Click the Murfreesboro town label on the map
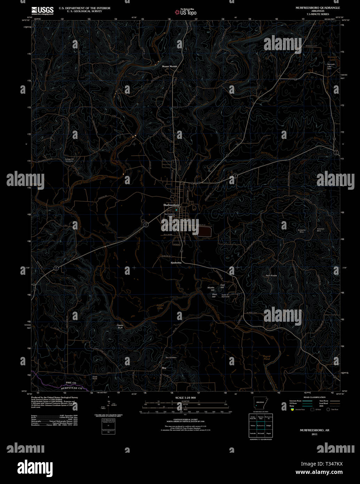point(171,205)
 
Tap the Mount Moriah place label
point(170,66)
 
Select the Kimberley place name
point(176,263)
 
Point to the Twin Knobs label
point(271,275)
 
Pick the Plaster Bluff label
point(120,327)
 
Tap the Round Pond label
point(267,358)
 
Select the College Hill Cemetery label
point(70,160)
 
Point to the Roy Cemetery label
point(171,358)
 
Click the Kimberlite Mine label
point(301,231)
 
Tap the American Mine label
point(320,230)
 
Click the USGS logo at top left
point(42,11)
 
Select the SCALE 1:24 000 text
point(186,398)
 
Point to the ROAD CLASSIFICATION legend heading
point(314,397)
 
